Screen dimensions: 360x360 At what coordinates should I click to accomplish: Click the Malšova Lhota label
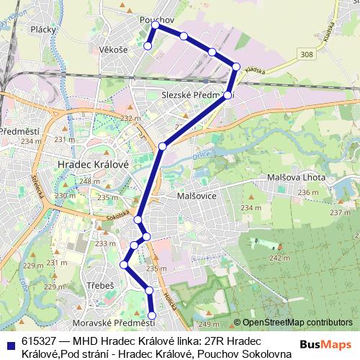click(297, 177)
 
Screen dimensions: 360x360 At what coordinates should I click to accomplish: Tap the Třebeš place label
click(101, 286)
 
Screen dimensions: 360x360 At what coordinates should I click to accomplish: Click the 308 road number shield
click(308, 55)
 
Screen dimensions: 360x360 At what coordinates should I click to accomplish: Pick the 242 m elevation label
click(279, 258)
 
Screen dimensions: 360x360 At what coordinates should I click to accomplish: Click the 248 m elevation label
click(90, 181)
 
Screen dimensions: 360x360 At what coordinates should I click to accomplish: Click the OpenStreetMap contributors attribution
click(297, 323)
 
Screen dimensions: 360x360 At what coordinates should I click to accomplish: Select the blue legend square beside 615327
click(10, 341)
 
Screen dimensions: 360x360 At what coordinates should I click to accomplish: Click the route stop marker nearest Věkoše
click(148, 46)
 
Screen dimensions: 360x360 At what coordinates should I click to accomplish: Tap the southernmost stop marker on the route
click(153, 315)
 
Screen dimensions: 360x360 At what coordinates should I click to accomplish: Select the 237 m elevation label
click(340, 212)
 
